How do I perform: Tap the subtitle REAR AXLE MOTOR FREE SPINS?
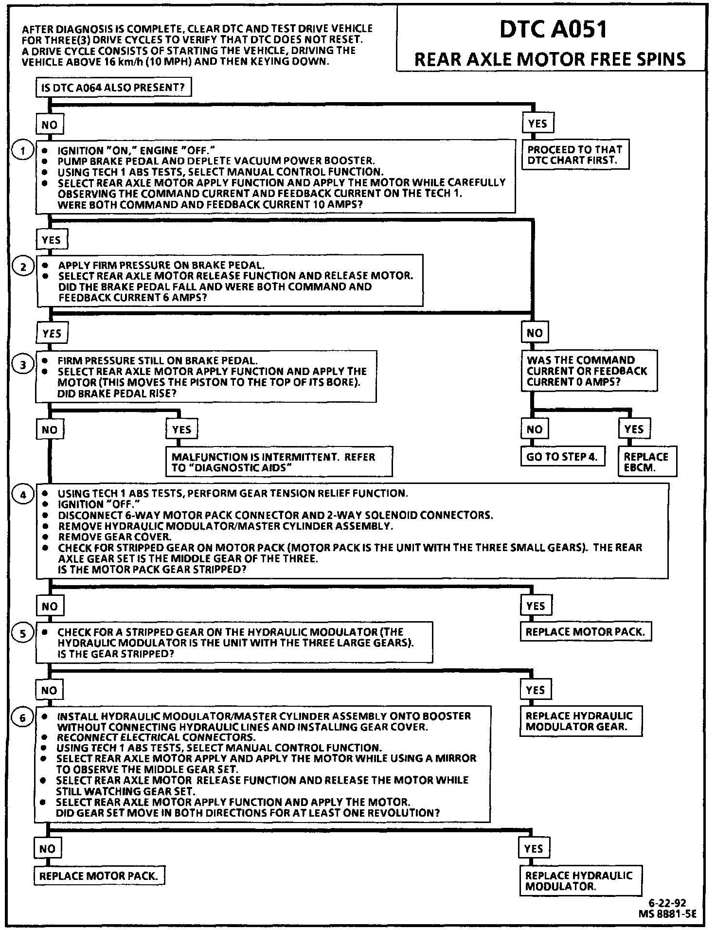550,59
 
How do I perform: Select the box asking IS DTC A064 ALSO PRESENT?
113,88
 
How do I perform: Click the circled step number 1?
23,151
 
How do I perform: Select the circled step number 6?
23,717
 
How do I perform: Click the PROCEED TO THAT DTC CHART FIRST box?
574,155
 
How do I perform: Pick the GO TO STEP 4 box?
562,457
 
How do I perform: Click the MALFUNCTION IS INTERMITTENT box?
279,462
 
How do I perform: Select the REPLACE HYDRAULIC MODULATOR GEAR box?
581,721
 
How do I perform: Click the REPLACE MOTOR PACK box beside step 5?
585,632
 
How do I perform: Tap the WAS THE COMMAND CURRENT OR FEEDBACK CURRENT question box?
589,371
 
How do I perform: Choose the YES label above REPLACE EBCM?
634,429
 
